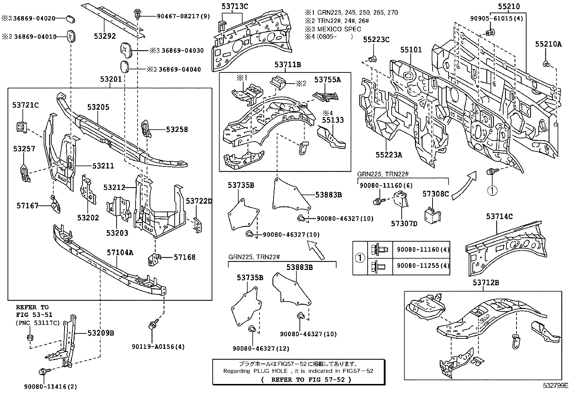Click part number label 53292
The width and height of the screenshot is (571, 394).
point(105,36)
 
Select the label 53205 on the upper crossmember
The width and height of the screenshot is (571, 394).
point(98,107)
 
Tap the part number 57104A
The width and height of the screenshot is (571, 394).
point(120,252)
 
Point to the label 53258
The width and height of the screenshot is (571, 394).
point(177,129)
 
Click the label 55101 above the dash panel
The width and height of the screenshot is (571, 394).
point(411,50)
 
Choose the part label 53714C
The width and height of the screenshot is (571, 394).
point(499,217)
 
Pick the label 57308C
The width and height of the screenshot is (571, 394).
point(436,194)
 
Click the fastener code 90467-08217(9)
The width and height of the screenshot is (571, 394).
point(184,16)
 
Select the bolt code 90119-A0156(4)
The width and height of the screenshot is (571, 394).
point(158,347)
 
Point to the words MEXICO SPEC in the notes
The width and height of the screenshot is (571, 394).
point(339,29)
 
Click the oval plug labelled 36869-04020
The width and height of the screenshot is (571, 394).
point(70,19)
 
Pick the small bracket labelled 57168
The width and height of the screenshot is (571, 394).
point(154,260)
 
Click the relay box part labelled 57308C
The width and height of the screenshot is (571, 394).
point(432,215)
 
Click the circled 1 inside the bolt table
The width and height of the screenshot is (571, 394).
point(360,258)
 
